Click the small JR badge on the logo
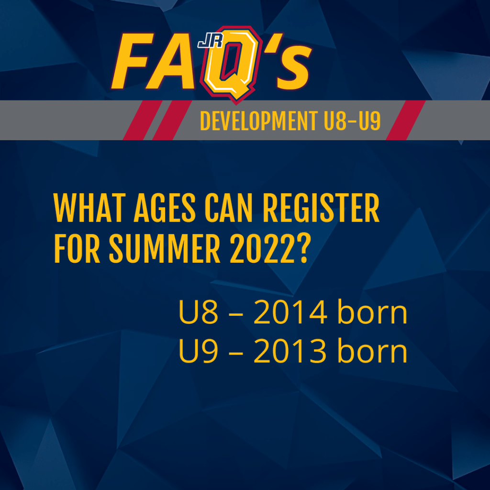point(211,41)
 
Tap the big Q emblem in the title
point(231,64)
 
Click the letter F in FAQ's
point(133,60)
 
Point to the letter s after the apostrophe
point(294,67)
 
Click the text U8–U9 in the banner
point(352,121)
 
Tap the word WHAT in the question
point(89,208)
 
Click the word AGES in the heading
point(165,208)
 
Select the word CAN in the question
point(228,208)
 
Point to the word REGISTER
point(321,208)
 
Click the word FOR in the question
point(77,249)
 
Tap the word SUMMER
point(165,249)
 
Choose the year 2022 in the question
point(261,249)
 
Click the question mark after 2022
point(302,249)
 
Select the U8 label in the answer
point(198,312)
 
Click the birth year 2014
point(290,312)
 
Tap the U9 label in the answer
point(198,351)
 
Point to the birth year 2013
point(290,351)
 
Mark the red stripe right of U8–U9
point(406,120)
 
